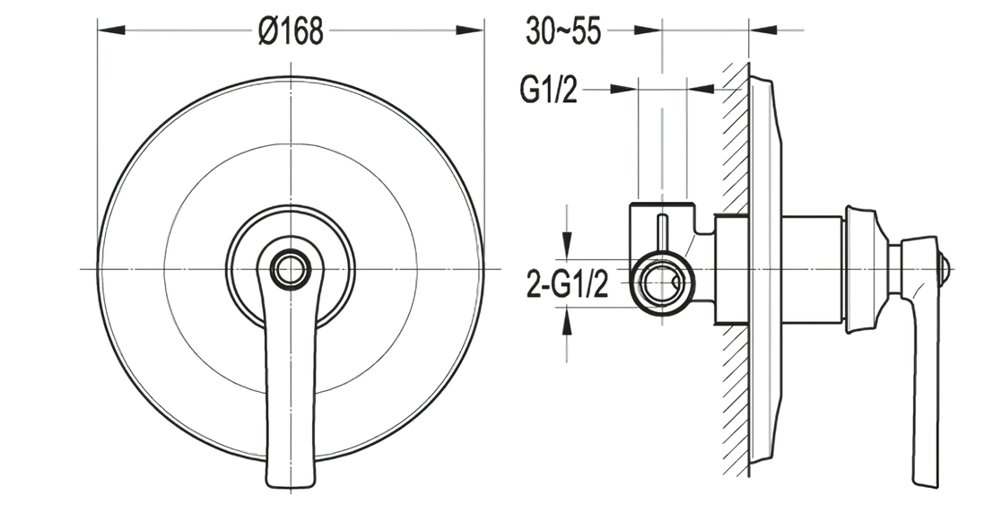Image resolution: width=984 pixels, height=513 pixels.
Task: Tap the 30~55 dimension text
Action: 562,32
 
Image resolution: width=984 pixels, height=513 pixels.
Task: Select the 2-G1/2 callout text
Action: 568,287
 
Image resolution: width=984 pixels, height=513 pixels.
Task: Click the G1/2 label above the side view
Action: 548,91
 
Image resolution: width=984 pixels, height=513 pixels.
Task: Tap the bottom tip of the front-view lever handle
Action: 292,484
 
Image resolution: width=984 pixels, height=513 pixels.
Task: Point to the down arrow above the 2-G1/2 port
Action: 567,243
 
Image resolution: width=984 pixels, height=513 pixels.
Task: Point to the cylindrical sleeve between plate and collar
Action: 812,270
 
